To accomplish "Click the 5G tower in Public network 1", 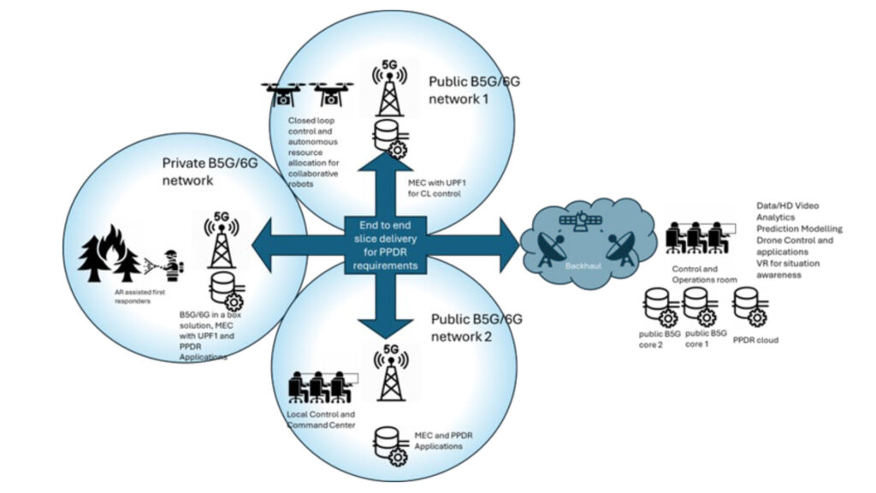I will (389, 89).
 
